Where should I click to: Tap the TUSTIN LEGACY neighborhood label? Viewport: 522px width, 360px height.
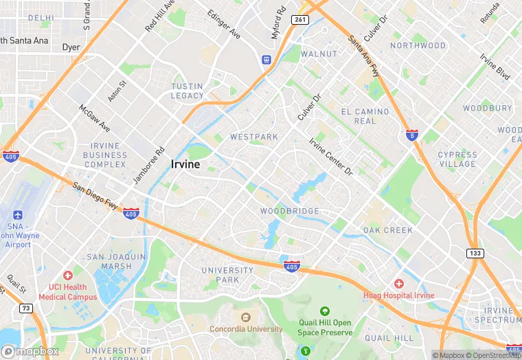pos(188,91)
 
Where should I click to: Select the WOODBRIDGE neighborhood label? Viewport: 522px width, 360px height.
pos(289,211)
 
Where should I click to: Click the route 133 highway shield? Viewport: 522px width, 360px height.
pos(475,253)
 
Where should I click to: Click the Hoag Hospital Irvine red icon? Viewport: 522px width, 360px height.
pos(398,283)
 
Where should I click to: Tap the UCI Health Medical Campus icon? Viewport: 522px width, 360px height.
pos(67,275)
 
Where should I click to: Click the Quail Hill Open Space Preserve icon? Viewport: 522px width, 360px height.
pos(325,311)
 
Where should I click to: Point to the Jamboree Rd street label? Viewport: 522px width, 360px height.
pos(150,166)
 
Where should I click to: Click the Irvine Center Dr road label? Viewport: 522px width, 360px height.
pos(330,156)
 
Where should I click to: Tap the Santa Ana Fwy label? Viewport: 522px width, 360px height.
pos(364,56)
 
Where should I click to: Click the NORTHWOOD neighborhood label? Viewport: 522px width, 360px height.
pos(418,45)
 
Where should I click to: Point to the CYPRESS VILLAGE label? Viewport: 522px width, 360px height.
pos(457,159)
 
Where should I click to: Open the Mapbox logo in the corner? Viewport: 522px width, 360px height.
pos(30,351)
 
